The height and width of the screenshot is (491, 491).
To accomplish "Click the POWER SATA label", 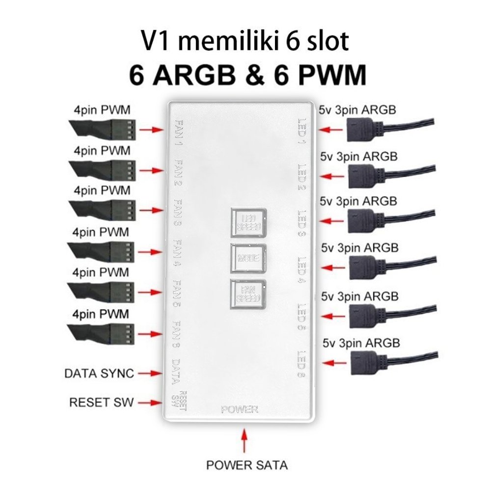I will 246,464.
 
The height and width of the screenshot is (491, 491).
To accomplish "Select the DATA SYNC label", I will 99,373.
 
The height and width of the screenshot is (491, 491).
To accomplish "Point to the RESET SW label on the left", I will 101,403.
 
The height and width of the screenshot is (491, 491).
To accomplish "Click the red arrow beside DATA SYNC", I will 150,374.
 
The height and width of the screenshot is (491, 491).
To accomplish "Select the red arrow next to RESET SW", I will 150,403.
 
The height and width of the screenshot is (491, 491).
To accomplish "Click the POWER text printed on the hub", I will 239,409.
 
